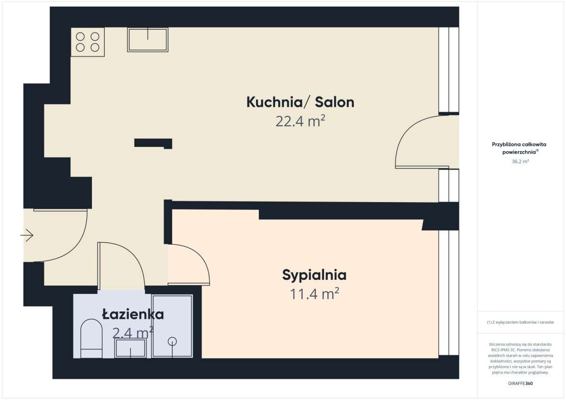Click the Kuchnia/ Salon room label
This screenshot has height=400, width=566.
(300, 102)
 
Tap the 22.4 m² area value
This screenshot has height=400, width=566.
(300, 122)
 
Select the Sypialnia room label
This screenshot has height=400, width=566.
(314, 275)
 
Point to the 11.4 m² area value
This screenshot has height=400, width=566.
(315, 294)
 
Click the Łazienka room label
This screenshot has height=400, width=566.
(133, 314)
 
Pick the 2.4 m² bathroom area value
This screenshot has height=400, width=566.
(133, 333)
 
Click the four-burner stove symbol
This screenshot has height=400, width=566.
(88, 42)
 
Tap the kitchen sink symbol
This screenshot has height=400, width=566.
(148, 40)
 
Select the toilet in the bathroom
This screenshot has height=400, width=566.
(91, 339)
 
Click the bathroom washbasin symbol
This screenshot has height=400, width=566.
(131, 348)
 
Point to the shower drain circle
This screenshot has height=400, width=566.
(173, 341)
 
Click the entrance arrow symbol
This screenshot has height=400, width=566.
(27, 235)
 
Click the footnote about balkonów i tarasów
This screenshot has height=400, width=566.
(520, 323)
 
